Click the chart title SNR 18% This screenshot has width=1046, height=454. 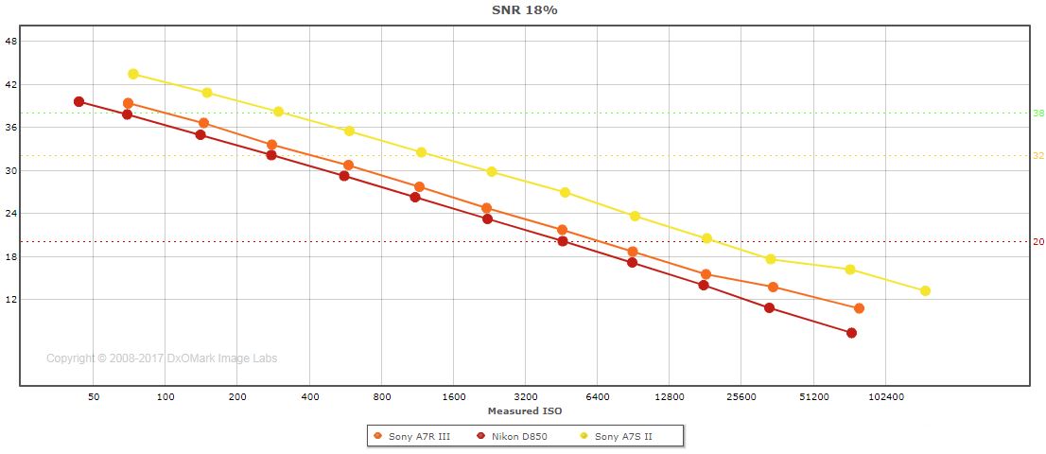(x=524, y=9)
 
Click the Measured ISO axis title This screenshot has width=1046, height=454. (x=525, y=411)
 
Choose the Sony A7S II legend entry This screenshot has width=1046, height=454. (x=622, y=436)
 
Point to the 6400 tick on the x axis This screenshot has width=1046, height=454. (x=598, y=398)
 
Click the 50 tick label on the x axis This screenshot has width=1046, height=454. (x=94, y=398)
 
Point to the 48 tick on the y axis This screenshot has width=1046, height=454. (x=11, y=41)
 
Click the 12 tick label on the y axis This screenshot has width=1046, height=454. (x=11, y=299)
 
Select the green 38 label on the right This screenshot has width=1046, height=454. (x=1037, y=113)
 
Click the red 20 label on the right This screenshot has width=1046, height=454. (x=1037, y=242)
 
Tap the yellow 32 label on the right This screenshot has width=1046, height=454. (x=1037, y=156)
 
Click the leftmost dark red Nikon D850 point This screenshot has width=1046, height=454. (x=78, y=101)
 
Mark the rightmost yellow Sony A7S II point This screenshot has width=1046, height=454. (x=925, y=290)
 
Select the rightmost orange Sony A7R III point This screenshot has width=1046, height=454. (x=859, y=308)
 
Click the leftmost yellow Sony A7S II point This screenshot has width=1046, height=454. (x=133, y=74)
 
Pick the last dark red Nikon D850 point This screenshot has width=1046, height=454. (x=851, y=333)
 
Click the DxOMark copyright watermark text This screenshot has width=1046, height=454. (x=162, y=358)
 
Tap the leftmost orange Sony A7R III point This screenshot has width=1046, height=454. (x=128, y=103)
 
